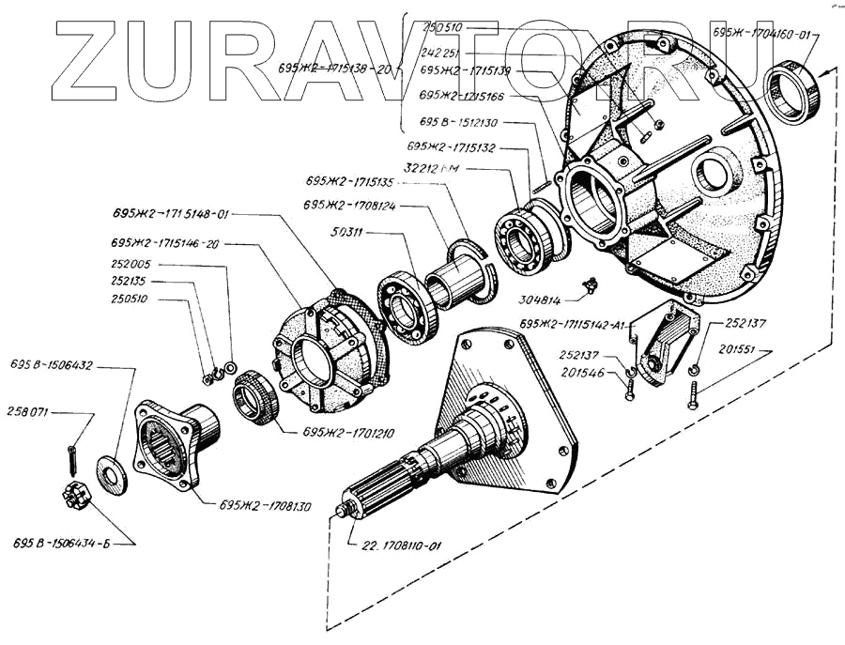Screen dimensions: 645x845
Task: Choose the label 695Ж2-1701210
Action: point(348,433)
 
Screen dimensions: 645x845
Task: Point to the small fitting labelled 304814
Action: point(590,285)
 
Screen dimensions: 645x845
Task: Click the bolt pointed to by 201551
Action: point(691,392)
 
